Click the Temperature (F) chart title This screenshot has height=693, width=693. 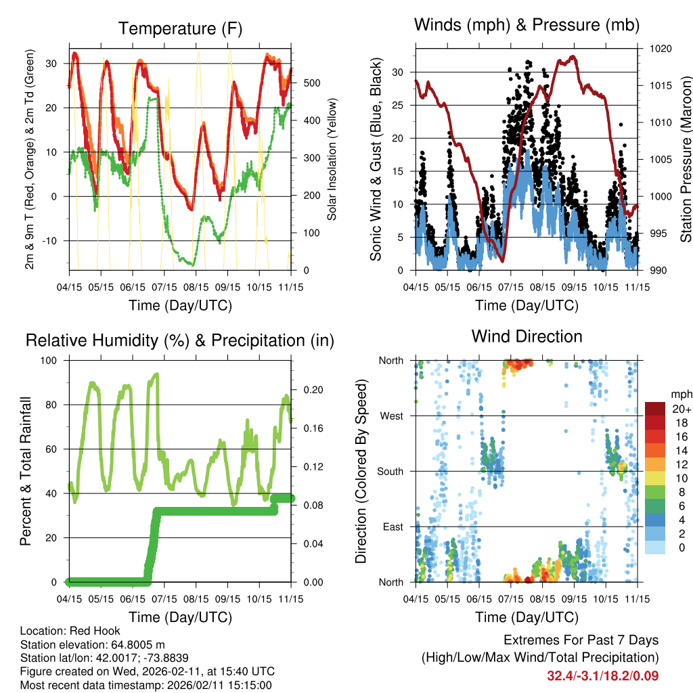(180, 28)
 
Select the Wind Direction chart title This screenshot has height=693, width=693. (527, 336)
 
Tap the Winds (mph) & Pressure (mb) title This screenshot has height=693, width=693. (527, 26)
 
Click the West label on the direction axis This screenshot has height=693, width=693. (391, 416)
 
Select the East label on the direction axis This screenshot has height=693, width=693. (393, 527)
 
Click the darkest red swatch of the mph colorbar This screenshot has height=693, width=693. (654, 409)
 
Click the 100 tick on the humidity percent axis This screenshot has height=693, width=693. (52, 360)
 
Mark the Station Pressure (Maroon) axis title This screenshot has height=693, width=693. (685, 160)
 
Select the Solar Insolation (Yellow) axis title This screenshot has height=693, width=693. (332, 160)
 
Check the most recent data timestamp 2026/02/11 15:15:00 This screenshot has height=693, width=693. (194, 686)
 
